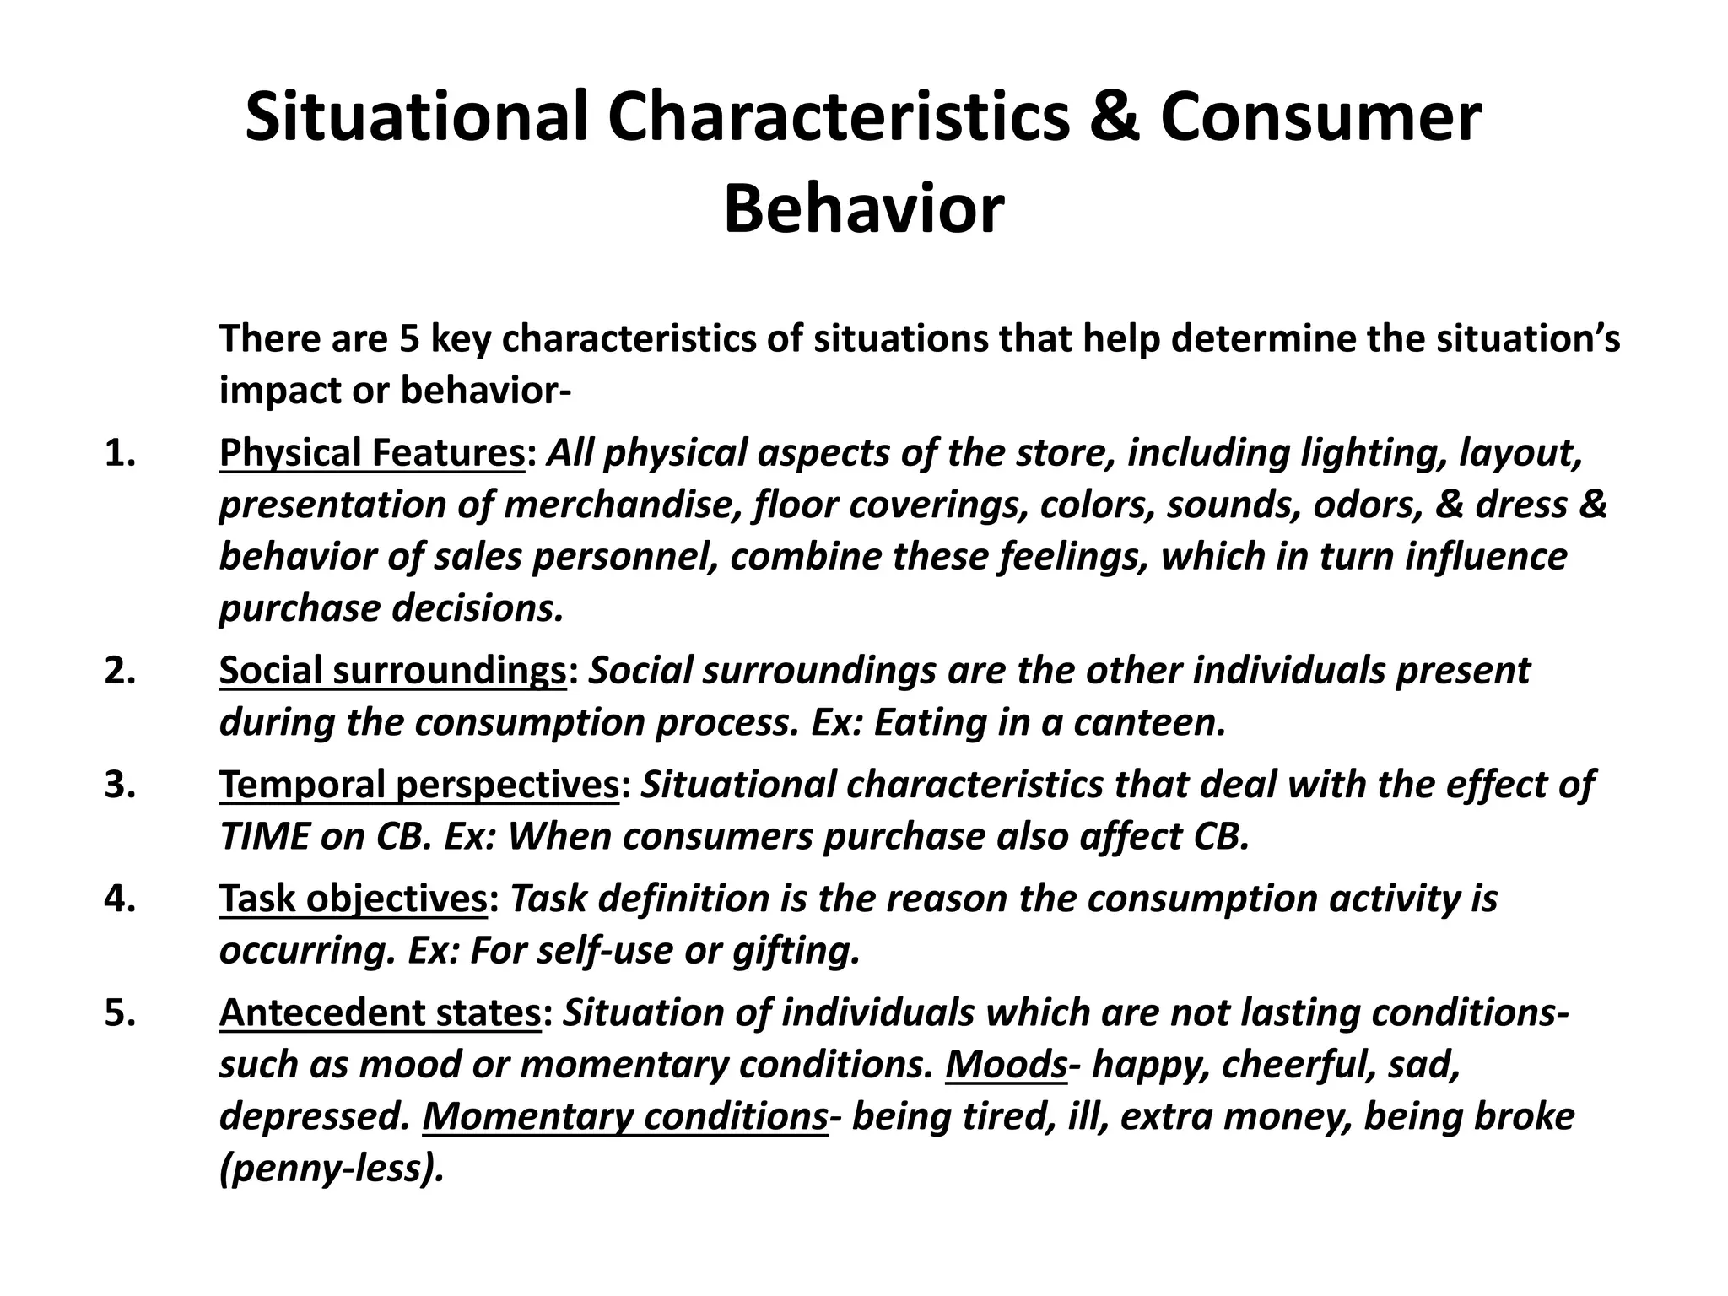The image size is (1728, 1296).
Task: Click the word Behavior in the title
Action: pyautogui.click(x=863, y=210)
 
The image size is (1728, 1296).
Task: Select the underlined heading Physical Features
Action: pyautogui.click(x=372, y=453)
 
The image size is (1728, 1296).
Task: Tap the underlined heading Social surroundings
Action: pyautogui.click(x=392, y=671)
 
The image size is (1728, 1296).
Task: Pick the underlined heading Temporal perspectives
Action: pyautogui.click(x=419, y=785)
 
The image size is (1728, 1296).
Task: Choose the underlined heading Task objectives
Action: pyautogui.click(x=354, y=899)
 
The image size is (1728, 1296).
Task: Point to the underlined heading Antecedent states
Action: pyautogui.click(x=380, y=1012)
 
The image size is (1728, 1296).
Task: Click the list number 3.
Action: pyautogui.click(x=121, y=785)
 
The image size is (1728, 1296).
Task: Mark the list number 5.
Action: pyautogui.click(x=121, y=1012)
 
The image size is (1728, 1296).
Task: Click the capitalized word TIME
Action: pyautogui.click(x=264, y=836)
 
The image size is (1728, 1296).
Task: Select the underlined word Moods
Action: pyautogui.click(x=1007, y=1065)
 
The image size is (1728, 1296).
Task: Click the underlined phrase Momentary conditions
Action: pyautogui.click(x=625, y=1116)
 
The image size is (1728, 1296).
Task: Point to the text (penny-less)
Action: pyautogui.click(x=332, y=1169)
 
